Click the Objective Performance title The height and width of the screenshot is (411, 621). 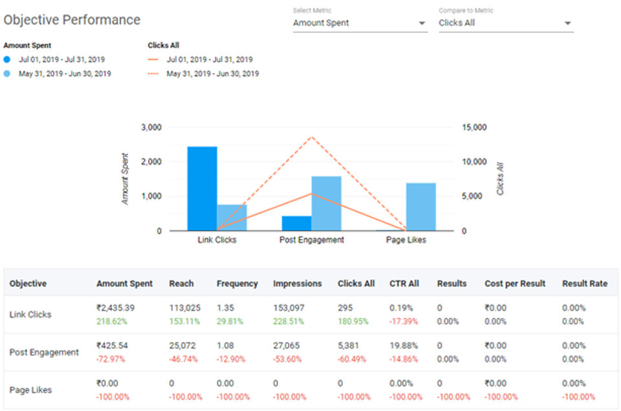coord(72,20)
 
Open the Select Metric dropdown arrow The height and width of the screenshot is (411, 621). coord(422,23)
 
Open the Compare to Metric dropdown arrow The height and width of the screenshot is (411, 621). coord(567,23)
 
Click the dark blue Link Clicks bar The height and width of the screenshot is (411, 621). coord(202,188)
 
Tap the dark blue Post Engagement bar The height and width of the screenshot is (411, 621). coord(296,223)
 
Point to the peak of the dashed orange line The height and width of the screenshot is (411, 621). coord(312,137)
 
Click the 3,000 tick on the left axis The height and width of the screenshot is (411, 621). coord(151,127)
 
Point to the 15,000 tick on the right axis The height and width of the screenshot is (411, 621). coord(475,127)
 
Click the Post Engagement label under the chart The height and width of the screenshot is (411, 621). coord(312,240)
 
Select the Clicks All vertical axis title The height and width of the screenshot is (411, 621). coord(500,178)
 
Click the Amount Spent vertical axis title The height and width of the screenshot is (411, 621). coord(125,179)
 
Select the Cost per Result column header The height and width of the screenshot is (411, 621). coord(515,284)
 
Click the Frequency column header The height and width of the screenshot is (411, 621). coord(237,284)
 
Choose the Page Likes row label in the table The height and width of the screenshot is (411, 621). coord(30,390)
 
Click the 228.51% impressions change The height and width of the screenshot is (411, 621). coord(288,321)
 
